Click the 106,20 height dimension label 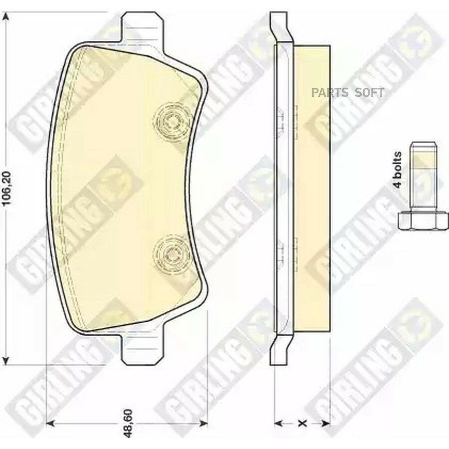tap(6, 188)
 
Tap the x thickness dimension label tap(302, 423)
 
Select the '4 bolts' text tap(398, 170)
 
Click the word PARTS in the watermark tap(330, 93)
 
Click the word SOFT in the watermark tap(369, 93)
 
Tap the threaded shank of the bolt tap(423, 177)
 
